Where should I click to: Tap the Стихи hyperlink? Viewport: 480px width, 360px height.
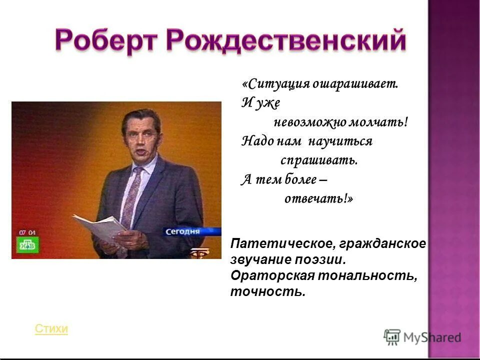tap(51, 329)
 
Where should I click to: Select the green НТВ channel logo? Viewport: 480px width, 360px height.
tap(28, 245)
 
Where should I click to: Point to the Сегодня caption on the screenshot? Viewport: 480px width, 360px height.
tap(183, 231)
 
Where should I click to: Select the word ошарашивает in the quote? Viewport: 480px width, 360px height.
tap(355, 84)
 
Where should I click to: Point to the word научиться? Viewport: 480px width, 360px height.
tap(340, 141)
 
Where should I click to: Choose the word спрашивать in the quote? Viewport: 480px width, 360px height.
tap(318, 160)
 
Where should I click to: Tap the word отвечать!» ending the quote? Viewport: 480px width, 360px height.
tap(318, 198)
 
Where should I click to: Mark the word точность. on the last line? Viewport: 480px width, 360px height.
tap(267, 291)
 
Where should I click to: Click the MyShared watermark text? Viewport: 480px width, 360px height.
tap(432, 338)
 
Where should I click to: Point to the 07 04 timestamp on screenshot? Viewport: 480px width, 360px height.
tap(27, 232)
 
